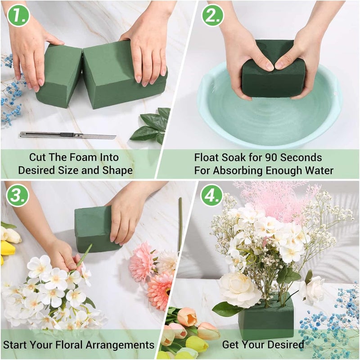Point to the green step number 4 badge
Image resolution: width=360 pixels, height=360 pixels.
coord(211,195)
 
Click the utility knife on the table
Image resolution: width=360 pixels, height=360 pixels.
coord(67,135)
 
